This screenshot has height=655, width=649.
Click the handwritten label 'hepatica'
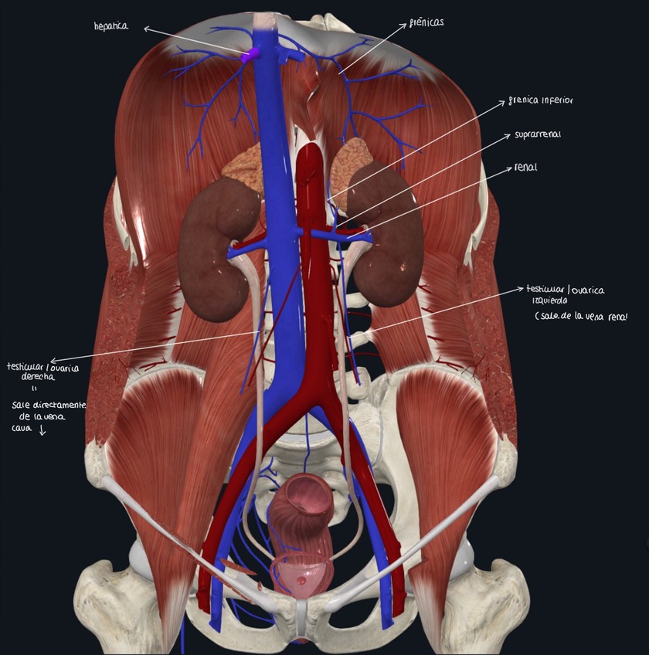tap(110, 27)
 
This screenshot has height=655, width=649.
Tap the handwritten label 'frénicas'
tap(426, 23)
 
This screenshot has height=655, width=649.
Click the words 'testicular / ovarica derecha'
tap(31, 372)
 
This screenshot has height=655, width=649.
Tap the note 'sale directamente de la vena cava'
tap(46, 417)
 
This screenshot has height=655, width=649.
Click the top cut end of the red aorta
tap(310, 147)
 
